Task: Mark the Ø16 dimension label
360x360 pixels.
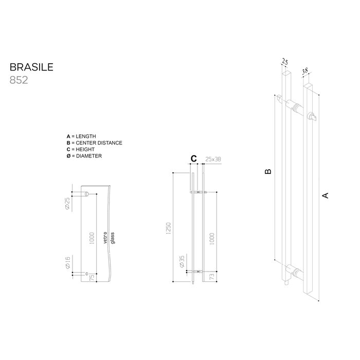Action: pos(67,263)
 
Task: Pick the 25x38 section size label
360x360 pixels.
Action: pos(213,159)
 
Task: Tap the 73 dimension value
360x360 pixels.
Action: pos(213,277)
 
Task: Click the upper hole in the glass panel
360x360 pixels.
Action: pos(87,194)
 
